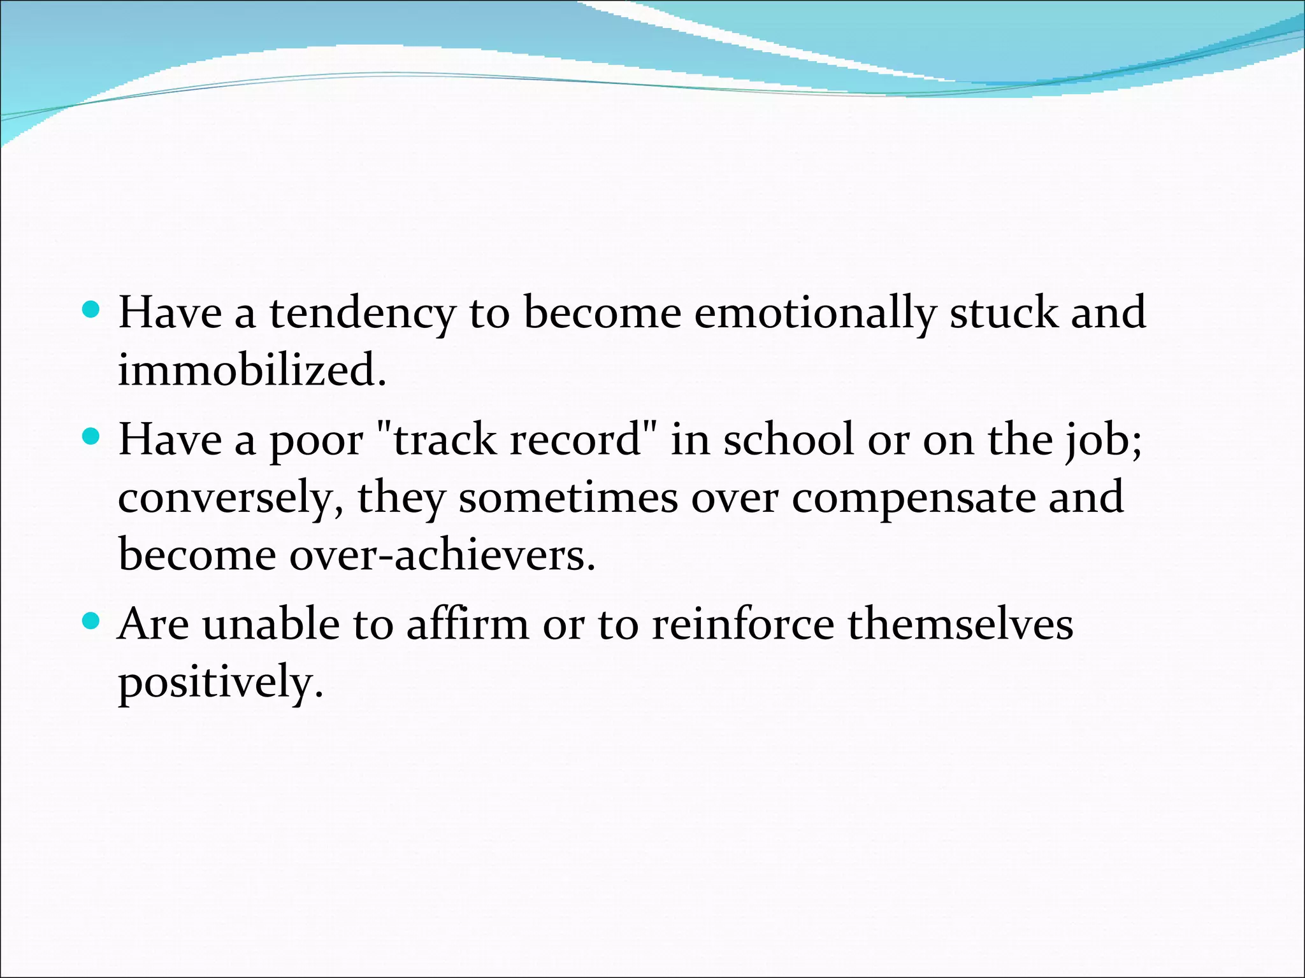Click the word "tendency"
point(362,314)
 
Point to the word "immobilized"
point(252,370)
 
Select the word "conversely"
point(227,499)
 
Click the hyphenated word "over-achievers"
point(442,555)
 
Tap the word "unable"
point(271,624)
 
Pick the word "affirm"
point(468,624)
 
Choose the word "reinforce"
point(743,624)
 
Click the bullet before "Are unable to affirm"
point(92,621)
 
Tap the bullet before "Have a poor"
point(92,437)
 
